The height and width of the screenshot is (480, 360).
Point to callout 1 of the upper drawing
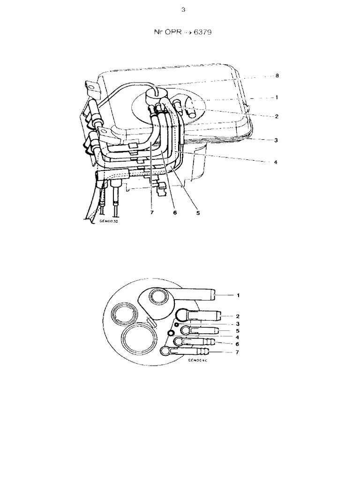[x=277, y=97]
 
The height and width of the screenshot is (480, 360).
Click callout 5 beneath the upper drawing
[x=198, y=212]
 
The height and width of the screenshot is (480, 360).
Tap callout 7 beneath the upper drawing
[x=152, y=212]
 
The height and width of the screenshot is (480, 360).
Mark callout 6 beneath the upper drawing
[x=174, y=212]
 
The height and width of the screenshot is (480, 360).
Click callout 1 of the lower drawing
[x=239, y=295]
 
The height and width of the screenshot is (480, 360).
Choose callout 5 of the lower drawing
[x=239, y=330]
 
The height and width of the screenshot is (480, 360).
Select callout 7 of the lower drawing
[x=239, y=352]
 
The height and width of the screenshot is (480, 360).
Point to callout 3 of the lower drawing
[x=239, y=323]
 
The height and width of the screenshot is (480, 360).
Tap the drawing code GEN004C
[x=197, y=361]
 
